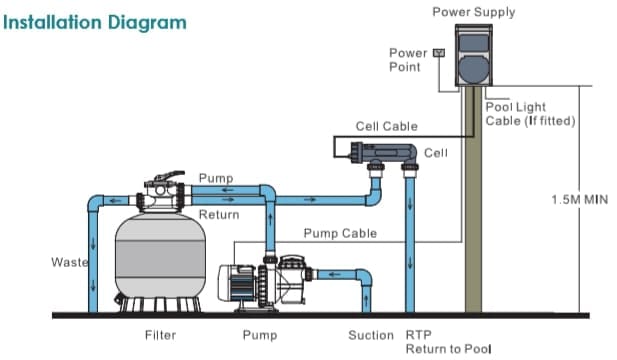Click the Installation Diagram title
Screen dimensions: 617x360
tap(94, 23)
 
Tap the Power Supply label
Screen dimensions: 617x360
tap(474, 12)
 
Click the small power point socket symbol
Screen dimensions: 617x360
tap(439, 53)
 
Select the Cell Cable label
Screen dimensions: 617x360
tap(386, 126)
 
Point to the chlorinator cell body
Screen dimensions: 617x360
tap(383, 152)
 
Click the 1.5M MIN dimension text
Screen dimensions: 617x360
tap(580, 199)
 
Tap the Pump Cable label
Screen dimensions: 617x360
tap(340, 233)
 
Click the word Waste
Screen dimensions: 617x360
tap(70, 262)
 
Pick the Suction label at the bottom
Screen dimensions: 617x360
tap(371, 335)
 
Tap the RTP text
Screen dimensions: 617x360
tap(419, 335)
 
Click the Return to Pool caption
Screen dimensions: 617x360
tap(449, 349)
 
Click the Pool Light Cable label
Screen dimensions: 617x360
tap(530, 114)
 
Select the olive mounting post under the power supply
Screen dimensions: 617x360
tap(473, 199)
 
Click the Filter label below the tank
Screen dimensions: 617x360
tap(161, 335)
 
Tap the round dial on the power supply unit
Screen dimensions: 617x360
tap(474, 69)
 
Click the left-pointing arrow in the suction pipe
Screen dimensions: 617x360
tap(334, 274)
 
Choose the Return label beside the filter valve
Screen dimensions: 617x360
tap(219, 215)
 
